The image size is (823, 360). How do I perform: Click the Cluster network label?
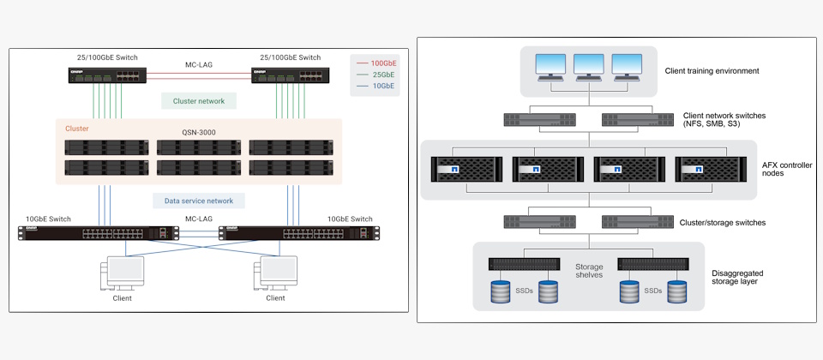[199, 101]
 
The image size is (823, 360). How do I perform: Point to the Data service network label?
[199, 201]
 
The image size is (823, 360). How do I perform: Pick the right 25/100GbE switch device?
[287, 74]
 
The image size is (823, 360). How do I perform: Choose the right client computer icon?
[275, 274]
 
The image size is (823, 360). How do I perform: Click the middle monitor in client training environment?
[589, 66]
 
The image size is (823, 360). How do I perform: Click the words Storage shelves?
[589, 271]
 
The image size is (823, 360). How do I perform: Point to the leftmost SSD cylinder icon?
[502, 291]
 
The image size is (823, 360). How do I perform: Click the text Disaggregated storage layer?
[743, 279]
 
